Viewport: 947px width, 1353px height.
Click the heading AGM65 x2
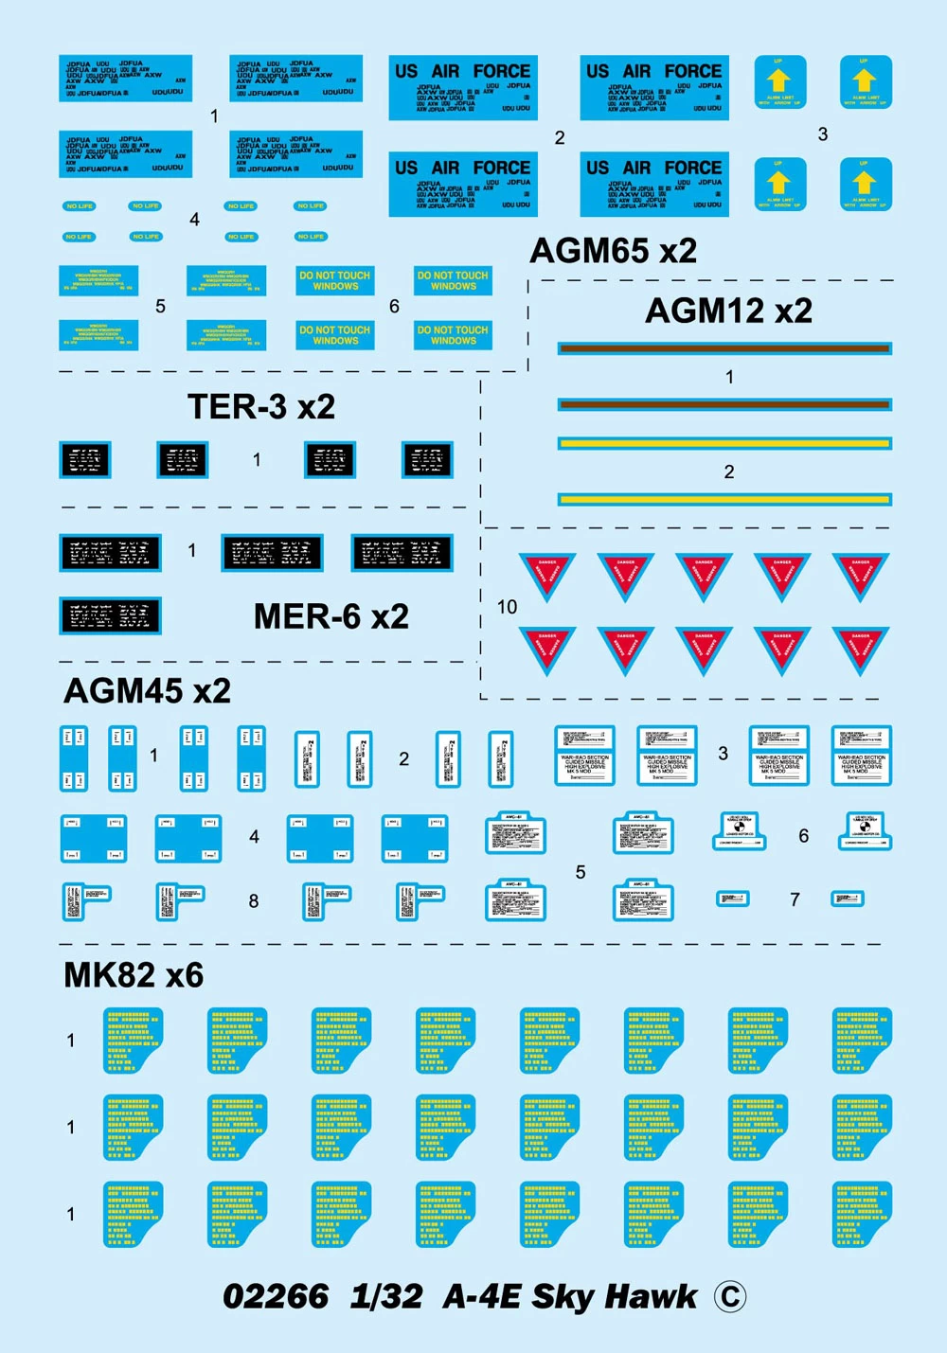pyautogui.click(x=613, y=251)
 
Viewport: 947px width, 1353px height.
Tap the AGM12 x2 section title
pyautogui.click(x=728, y=311)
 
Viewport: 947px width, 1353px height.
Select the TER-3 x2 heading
pyautogui.click(x=261, y=407)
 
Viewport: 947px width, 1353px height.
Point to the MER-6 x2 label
pyautogui.click(x=331, y=616)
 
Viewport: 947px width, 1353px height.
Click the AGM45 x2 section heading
pyautogui.click(x=147, y=690)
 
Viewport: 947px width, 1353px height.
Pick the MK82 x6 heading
pyautogui.click(x=134, y=975)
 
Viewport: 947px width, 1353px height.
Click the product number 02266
pyautogui.click(x=276, y=1296)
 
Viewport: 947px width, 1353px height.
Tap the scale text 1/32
pyautogui.click(x=386, y=1296)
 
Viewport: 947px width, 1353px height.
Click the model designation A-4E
pyautogui.click(x=481, y=1296)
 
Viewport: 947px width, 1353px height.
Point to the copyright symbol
pyautogui.click(x=729, y=1296)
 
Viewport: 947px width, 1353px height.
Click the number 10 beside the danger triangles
pyautogui.click(x=508, y=607)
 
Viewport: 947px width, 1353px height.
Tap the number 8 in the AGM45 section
pyautogui.click(x=254, y=901)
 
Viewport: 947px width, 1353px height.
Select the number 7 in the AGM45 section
pyautogui.click(x=795, y=899)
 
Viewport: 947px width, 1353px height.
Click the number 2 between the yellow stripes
pyautogui.click(x=729, y=472)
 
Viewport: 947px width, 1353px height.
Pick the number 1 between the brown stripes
pyautogui.click(x=729, y=377)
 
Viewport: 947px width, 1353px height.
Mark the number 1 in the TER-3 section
pyautogui.click(x=257, y=460)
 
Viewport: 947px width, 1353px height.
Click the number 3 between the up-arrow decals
pyautogui.click(x=823, y=134)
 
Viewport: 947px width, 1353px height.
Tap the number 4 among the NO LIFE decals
pyautogui.click(x=194, y=220)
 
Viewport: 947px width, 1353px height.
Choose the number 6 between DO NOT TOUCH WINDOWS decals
pyautogui.click(x=394, y=307)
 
